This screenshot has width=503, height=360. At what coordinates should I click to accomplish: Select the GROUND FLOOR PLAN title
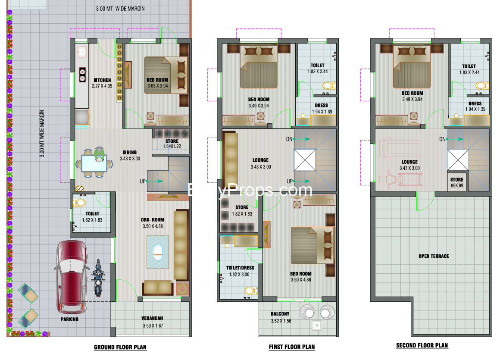point(120,347)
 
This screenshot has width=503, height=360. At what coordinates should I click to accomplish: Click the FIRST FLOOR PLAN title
point(292,347)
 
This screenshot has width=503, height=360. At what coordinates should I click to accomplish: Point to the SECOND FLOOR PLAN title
point(422,346)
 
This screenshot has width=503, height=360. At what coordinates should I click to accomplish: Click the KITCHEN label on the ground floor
point(102,80)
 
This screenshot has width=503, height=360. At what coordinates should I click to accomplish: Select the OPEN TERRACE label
point(434,256)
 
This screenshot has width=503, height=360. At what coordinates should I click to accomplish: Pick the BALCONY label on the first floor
point(280,314)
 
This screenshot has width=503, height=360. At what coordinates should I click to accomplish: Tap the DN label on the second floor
point(442,139)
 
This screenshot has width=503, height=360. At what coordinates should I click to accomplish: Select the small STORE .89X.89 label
point(457,180)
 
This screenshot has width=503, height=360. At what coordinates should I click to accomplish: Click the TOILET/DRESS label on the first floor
point(240,268)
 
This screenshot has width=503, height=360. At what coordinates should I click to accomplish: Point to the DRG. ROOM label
point(153,219)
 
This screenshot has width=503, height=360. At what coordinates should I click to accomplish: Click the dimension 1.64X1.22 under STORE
point(172,147)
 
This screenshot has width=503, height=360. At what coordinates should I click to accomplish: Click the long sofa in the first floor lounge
point(231,160)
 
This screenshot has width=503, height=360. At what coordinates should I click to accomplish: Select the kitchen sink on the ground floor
point(81,52)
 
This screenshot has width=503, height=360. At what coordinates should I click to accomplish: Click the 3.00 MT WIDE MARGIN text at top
point(120,9)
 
